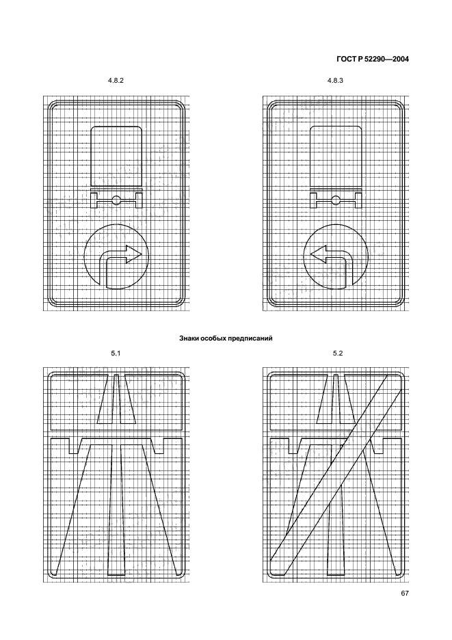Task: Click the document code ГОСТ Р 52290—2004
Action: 373,59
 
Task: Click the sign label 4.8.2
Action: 116,81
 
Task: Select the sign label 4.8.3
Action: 335,81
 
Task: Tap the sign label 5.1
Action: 116,353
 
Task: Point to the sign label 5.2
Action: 338,353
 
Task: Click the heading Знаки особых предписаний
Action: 226,338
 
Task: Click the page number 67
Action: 405,594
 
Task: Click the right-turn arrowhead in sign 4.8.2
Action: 134,254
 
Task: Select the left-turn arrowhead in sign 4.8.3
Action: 319,254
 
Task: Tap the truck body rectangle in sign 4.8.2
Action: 116,157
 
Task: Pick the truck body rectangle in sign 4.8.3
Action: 336,157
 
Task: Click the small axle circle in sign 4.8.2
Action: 116,200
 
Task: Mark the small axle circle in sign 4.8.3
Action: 336,200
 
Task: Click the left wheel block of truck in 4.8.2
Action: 94,200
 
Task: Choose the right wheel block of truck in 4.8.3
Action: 358,200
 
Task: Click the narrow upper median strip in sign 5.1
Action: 116,399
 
